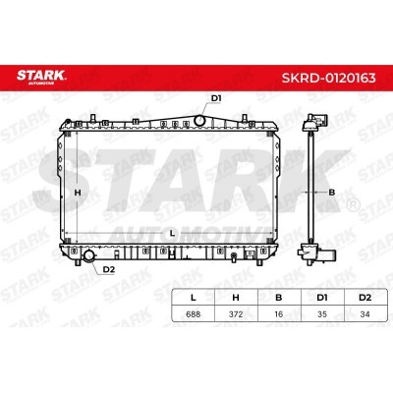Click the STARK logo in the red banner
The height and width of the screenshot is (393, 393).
tap(41, 77)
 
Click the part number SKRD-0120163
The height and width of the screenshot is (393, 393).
tap(329, 78)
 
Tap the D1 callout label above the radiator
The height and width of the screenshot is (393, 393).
tap(216, 98)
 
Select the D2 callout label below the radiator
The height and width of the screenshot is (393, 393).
tap(109, 269)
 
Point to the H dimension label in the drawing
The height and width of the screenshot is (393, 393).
tap(78, 193)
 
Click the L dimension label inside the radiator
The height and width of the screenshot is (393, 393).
tap(172, 234)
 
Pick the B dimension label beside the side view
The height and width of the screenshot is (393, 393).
tap(332, 193)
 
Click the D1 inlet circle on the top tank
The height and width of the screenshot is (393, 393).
tap(199, 120)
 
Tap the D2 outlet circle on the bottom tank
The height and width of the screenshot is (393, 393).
tap(88, 254)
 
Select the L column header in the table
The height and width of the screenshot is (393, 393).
tap(194, 298)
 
